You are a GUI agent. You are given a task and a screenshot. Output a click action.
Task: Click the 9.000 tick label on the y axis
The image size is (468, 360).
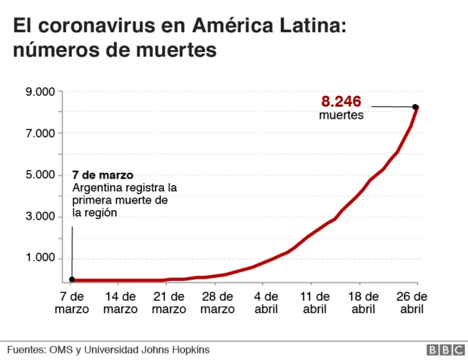40,91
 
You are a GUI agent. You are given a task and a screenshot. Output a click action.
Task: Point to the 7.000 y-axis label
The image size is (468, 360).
40,133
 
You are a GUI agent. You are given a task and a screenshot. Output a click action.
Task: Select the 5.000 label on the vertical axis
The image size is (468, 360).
40,175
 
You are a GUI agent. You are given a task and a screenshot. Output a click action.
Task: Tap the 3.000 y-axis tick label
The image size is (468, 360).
40,217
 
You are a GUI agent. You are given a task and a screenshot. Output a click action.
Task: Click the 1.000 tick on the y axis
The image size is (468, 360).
40,258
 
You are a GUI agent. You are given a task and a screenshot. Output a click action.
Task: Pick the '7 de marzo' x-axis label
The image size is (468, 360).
72,302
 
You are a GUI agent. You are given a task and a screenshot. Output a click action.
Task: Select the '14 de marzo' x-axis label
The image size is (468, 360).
120,302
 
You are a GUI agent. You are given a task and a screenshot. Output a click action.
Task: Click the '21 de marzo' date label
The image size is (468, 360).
169,302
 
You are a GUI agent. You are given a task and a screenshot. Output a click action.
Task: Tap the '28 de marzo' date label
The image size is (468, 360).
217,302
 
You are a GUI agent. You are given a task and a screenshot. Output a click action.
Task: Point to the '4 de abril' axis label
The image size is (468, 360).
266,302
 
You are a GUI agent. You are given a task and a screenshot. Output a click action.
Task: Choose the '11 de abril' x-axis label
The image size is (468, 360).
314,302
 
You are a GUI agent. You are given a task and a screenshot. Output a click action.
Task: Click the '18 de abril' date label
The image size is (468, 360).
363,302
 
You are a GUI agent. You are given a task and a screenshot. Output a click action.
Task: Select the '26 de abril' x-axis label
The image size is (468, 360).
412,302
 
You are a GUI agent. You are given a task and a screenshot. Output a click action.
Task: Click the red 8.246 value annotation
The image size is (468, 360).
342,101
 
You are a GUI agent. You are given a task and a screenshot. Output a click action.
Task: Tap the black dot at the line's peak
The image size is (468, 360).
415,108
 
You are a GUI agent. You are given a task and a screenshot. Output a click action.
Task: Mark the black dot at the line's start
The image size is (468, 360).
72,279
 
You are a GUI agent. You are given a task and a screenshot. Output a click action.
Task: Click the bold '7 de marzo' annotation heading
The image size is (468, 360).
102,176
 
